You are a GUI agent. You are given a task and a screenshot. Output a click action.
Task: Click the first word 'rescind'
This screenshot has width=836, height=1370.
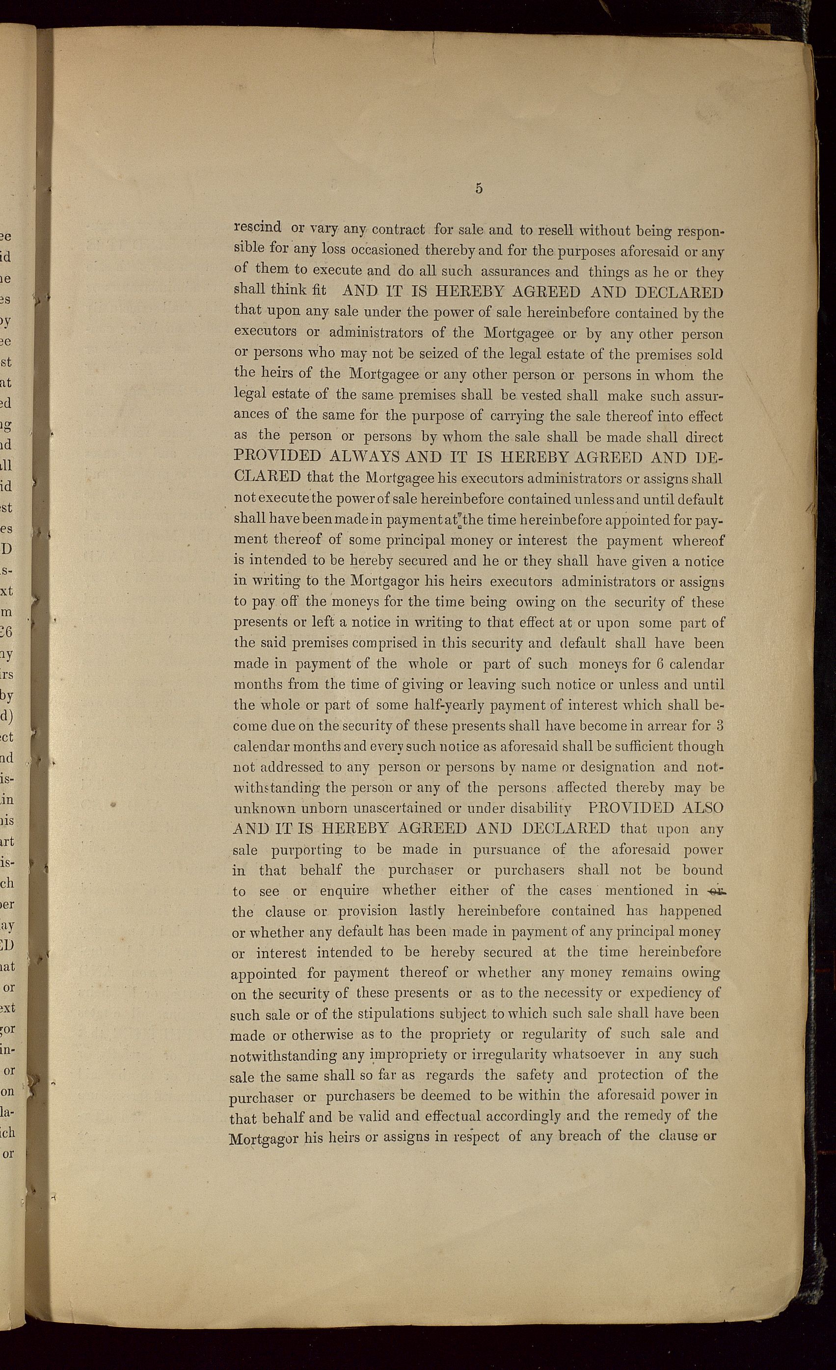(257, 227)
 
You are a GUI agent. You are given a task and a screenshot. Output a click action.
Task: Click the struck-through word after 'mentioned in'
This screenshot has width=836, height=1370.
(713, 890)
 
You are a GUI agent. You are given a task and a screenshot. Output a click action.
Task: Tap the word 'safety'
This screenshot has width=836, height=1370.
(535, 1075)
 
